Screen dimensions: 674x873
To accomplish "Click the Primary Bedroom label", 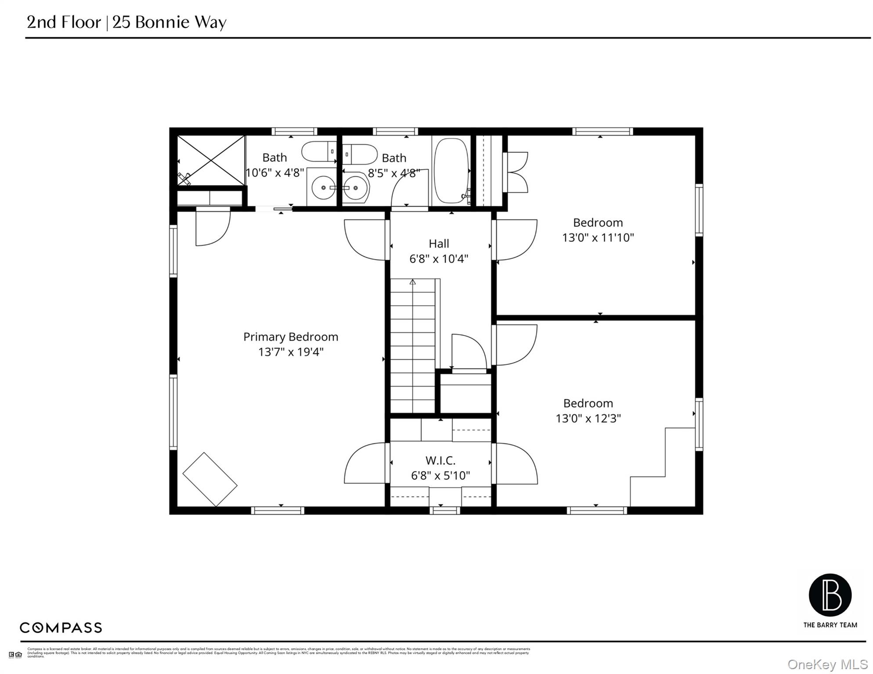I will [291, 337].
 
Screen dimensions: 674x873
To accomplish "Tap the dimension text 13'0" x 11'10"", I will [598, 237].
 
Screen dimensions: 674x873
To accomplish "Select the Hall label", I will [439, 244].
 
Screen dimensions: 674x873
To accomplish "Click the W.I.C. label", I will [440, 460].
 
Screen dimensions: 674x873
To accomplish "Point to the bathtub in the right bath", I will [451, 171].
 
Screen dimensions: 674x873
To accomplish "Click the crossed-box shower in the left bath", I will [211, 160].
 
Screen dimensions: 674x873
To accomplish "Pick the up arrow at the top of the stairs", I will [412, 282].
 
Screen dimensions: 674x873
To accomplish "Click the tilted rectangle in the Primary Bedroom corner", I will [210, 480].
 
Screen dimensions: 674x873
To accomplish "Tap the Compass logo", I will [61, 627].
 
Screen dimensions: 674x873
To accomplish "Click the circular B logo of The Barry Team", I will [830, 595].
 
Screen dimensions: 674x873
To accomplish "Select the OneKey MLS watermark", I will [827, 665].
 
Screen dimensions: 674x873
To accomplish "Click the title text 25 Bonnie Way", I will [170, 22].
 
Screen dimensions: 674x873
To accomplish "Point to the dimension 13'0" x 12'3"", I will [588, 418].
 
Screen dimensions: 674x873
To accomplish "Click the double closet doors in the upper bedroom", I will [517, 172].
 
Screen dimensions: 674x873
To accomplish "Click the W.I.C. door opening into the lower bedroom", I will [516, 464].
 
